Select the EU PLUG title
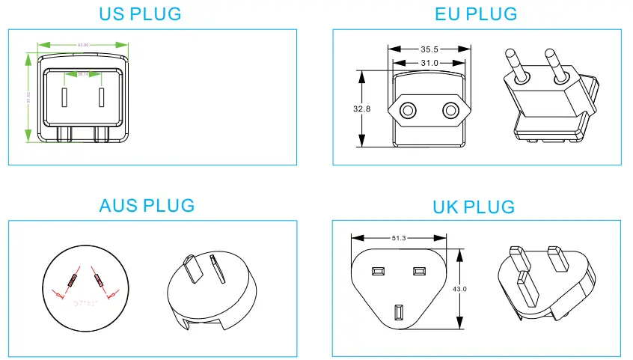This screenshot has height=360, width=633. [x=476, y=14]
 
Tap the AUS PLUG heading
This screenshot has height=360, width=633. [x=147, y=205]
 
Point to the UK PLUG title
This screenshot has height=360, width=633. [x=474, y=207]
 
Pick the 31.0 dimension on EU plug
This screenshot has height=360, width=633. [x=429, y=64]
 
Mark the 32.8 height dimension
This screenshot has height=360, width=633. [x=361, y=109]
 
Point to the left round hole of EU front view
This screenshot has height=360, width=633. [x=408, y=111]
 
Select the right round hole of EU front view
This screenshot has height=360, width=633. [x=450, y=111]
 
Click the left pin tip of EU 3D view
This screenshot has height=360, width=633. [x=512, y=54]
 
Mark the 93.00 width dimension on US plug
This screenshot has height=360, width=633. [x=82, y=46]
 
